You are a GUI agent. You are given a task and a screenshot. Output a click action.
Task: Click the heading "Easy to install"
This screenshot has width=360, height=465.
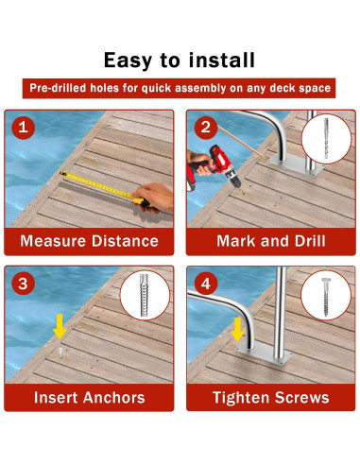[180, 60]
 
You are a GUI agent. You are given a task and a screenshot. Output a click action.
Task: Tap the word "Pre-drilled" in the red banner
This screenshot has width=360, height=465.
[59, 88]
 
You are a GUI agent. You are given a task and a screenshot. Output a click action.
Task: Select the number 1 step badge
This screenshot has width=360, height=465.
[23, 128]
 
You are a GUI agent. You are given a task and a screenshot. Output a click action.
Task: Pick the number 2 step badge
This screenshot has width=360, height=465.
[206, 128]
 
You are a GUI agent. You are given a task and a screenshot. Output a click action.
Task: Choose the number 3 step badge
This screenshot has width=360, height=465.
[23, 284]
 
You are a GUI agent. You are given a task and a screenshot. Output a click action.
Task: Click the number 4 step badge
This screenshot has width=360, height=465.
[206, 284]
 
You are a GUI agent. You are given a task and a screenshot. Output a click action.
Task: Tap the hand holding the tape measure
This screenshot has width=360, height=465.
[154, 198]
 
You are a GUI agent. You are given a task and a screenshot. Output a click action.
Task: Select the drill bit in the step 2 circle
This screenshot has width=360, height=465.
[326, 138]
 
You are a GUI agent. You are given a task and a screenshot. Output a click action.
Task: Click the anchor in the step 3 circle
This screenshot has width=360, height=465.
[144, 295]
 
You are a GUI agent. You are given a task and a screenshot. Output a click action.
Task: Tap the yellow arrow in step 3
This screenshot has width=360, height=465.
[60, 327]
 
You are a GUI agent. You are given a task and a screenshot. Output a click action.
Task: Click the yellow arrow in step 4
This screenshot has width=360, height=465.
[238, 330]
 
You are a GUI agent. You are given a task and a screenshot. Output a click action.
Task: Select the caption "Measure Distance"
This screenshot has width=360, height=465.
[90, 241]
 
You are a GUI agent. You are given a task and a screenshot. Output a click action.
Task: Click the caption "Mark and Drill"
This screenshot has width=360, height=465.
[271, 241]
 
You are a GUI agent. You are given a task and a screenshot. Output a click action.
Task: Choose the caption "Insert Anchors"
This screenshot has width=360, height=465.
[90, 397]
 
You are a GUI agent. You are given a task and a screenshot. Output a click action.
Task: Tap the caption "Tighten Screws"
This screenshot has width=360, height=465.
[271, 398]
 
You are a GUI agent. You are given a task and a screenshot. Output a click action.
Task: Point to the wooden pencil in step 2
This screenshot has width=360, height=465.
[242, 142]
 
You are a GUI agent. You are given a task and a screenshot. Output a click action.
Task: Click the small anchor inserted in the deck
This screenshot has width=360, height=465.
[60, 353]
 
